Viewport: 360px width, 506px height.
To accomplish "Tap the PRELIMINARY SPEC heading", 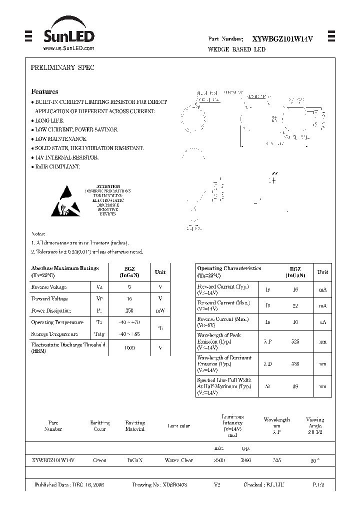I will [55, 67].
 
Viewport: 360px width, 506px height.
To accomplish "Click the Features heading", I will [44, 92].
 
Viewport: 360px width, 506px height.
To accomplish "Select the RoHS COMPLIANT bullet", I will [57, 166].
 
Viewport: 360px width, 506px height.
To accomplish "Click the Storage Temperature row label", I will [54, 334].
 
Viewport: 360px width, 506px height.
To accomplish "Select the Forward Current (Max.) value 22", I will [295, 305].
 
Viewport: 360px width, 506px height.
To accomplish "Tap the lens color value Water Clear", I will [178, 460].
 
